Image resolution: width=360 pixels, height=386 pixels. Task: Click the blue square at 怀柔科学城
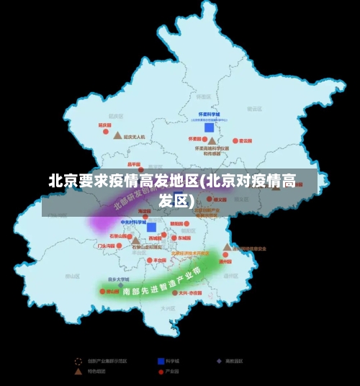[x=209, y=127]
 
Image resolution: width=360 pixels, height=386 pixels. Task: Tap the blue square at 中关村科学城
[x=151, y=228]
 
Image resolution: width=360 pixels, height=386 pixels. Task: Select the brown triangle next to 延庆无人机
[x=117, y=135]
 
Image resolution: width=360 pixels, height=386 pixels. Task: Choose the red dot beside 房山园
[x=102, y=292]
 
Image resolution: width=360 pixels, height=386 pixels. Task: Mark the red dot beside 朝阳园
[x=186, y=224]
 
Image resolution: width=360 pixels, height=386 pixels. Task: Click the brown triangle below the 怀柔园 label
[x=212, y=142]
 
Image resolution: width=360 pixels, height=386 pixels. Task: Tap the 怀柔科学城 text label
[x=209, y=115]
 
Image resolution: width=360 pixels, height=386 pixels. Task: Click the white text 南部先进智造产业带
[x=161, y=283]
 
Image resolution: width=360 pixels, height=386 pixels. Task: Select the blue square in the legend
[x=161, y=361]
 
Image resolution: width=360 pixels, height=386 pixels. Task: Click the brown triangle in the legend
[x=78, y=372]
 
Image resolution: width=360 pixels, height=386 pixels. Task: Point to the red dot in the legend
[x=161, y=372]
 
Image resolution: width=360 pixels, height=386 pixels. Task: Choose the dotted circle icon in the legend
[x=78, y=361]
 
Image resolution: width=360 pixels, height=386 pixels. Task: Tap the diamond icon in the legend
[x=219, y=361]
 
